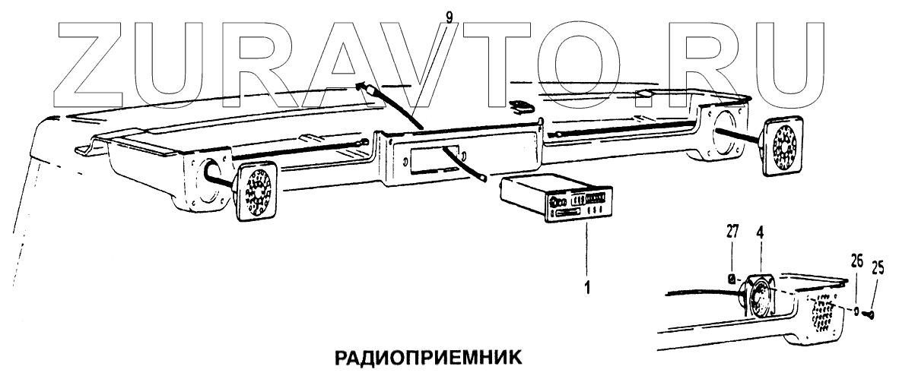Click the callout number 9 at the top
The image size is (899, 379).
click(449, 15)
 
